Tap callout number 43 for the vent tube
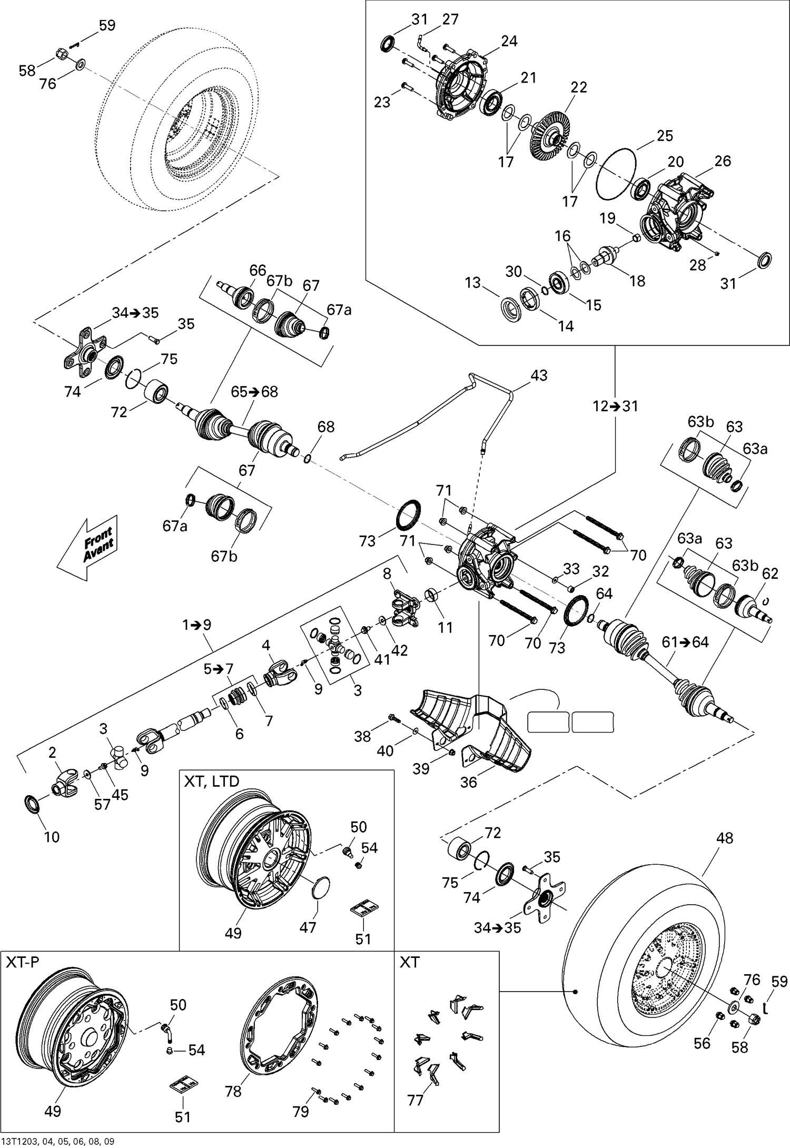[x=539, y=375]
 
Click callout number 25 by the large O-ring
[x=665, y=136]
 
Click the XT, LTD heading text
[x=211, y=781]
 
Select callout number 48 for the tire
[x=725, y=838]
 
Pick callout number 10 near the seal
[x=52, y=836]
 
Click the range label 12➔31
[x=615, y=406]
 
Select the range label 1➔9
[x=196, y=625]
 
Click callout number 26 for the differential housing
[x=723, y=161]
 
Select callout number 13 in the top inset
[x=473, y=283]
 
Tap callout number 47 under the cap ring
[x=308, y=926]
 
